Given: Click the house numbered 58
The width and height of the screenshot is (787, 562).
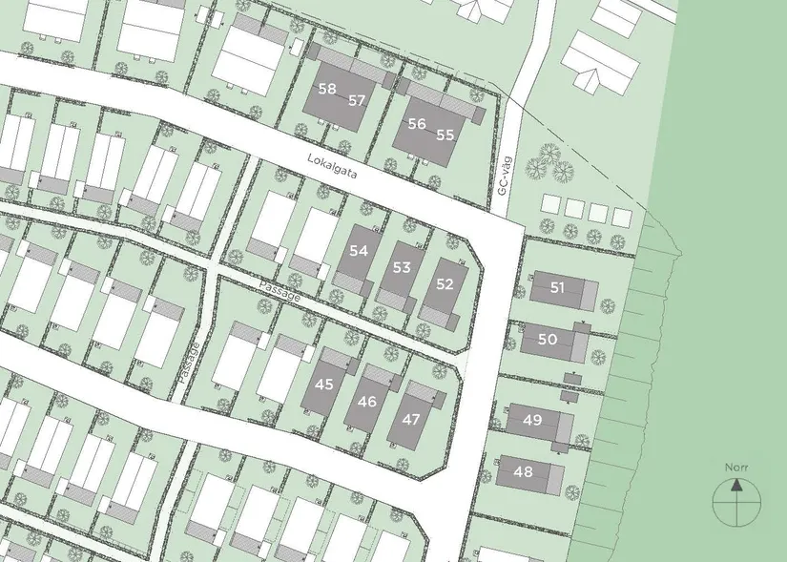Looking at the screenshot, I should (327, 89).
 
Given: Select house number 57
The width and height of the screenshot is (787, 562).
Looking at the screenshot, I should (357, 100).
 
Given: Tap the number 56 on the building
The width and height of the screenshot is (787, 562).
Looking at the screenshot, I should (416, 124).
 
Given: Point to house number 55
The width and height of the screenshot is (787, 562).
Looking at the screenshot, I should (445, 135).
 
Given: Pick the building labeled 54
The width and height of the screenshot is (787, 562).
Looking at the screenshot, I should (359, 251).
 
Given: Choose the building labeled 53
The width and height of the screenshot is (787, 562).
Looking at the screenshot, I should (402, 267).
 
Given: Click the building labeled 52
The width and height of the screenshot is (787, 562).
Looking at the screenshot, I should (445, 284).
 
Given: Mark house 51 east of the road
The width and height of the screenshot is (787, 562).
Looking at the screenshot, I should (558, 287).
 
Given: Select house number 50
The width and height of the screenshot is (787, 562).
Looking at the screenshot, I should (548, 339).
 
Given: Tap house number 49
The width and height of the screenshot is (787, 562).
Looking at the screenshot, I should (533, 420).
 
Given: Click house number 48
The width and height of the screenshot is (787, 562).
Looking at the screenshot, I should (523, 471).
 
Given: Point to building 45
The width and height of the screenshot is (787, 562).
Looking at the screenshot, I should (324, 385).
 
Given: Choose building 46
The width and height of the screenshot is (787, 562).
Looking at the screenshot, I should (367, 402).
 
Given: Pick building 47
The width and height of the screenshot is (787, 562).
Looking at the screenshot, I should (411, 419).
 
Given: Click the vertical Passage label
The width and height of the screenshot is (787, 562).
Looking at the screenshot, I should (187, 363).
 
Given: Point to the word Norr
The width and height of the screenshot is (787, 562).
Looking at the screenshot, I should (736, 468).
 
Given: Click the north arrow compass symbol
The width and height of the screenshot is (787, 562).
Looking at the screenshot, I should (737, 499).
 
